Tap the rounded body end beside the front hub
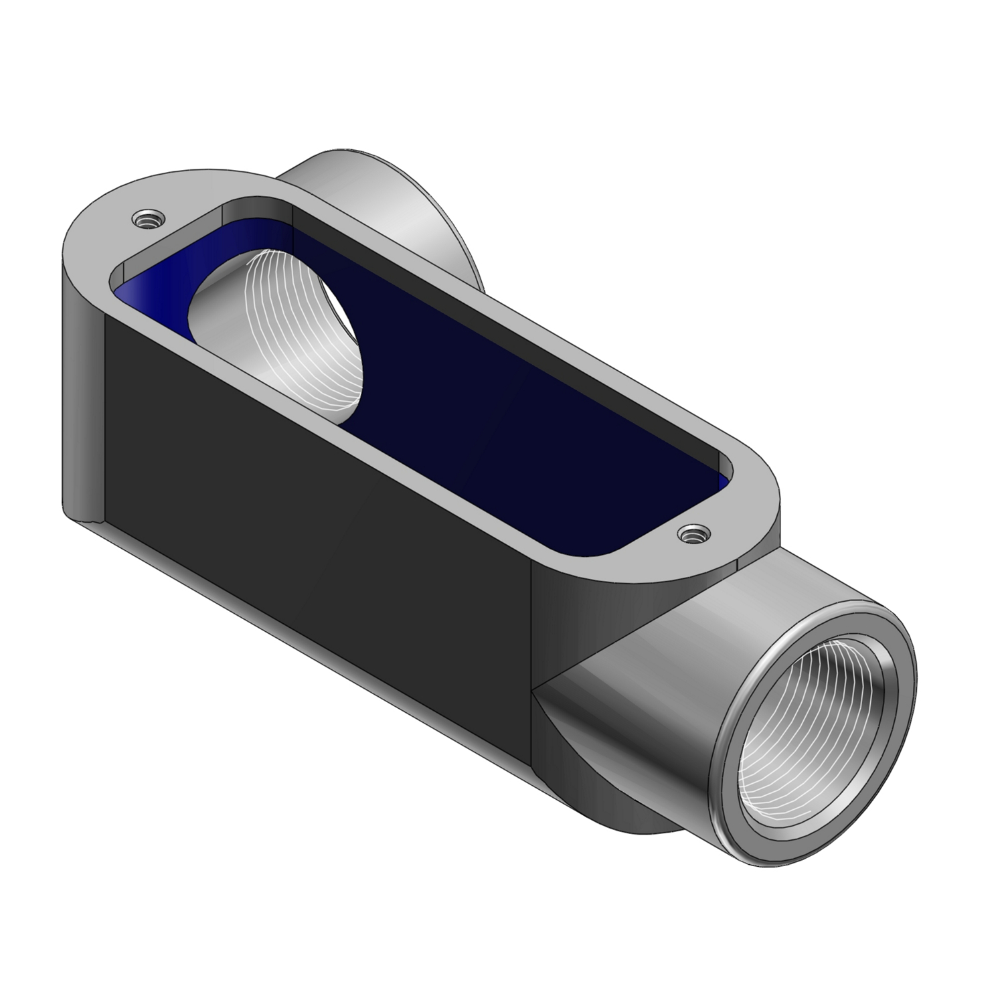point(556,602)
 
